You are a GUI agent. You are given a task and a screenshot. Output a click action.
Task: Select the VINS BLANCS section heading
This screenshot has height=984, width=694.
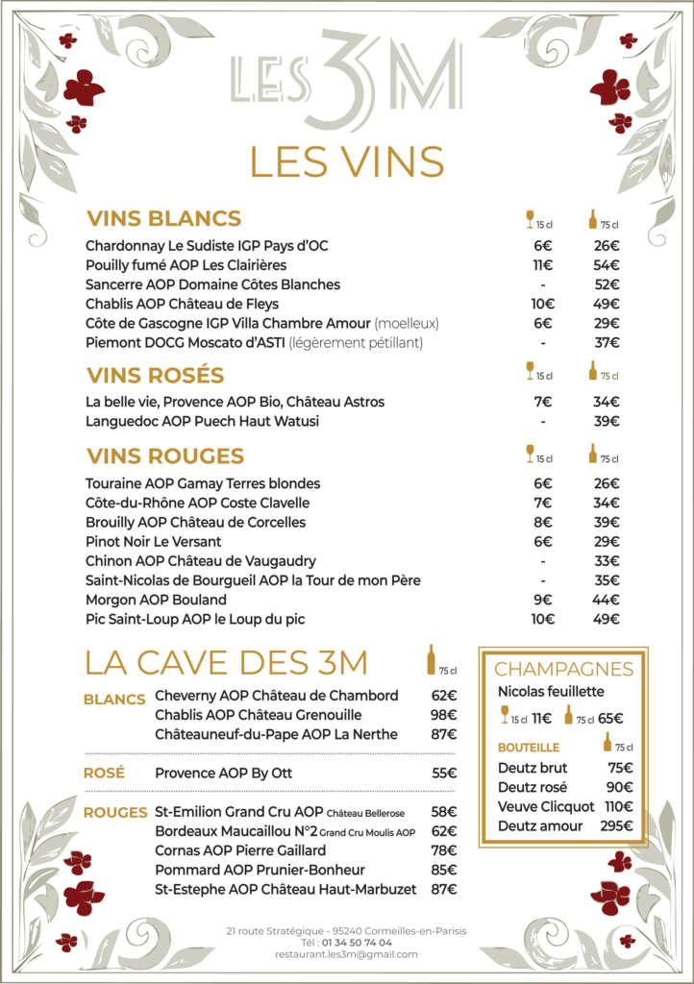[163, 218]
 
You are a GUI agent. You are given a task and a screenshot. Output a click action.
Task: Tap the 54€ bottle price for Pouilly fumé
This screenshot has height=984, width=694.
[607, 265]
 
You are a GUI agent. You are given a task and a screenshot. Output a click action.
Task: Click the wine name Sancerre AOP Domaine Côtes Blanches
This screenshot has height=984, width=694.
[212, 284]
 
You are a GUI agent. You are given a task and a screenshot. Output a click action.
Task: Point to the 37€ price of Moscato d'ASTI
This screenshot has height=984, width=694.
[607, 342]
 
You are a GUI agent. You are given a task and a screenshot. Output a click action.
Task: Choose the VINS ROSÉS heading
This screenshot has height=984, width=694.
[155, 375]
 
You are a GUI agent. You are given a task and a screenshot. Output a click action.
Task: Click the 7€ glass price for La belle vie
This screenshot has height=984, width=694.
[543, 402]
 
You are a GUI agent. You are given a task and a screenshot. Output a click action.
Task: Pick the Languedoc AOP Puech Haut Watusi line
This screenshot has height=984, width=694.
[202, 421]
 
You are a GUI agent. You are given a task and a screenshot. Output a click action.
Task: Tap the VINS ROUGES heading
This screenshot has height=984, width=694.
[165, 455]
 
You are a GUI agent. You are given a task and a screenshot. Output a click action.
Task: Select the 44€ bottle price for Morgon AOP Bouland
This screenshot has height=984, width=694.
[607, 600]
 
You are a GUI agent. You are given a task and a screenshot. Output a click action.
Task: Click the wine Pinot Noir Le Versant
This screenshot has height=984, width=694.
[153, 542]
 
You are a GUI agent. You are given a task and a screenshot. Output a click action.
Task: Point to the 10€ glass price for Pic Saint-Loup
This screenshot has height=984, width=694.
[543, 619]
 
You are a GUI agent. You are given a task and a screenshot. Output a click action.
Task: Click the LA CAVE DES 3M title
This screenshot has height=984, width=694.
[227, 663]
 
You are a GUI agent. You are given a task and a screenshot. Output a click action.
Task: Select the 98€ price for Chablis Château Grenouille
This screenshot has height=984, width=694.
[443, 715]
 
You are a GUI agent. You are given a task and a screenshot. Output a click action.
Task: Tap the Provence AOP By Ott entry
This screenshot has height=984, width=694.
[223, 773]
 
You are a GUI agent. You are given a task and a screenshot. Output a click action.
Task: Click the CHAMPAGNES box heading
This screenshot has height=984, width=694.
[564, 670]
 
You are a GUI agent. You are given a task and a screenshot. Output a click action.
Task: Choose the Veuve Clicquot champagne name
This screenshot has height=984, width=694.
[546, 806]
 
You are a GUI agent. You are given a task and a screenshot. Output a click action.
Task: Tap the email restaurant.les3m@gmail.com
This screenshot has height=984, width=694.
[346, 954]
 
